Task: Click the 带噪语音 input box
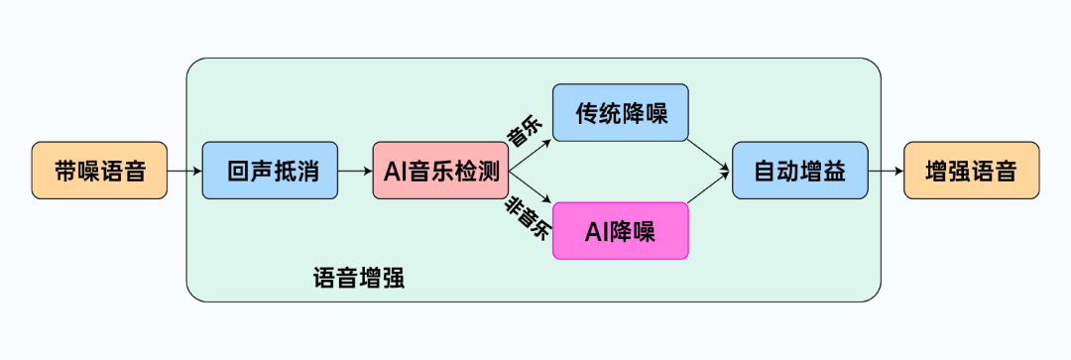99,171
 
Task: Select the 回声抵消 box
271,171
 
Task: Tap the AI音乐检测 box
441,171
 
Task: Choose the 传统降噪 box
620,112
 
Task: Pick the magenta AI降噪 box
620,231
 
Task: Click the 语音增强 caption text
358,277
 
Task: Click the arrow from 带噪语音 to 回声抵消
184,172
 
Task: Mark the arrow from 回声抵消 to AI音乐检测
355,172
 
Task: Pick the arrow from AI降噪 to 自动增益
710,194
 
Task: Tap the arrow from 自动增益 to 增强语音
887,172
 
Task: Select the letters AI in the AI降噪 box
595,231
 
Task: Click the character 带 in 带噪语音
65,171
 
